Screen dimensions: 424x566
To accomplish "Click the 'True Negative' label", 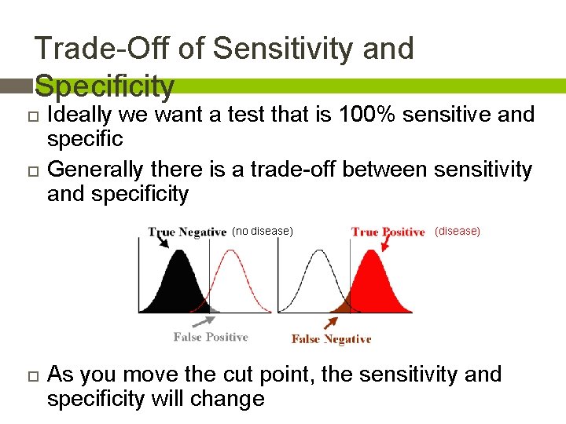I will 187,232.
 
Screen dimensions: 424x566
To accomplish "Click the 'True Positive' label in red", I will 388,232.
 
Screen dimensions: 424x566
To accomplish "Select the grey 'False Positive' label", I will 211,337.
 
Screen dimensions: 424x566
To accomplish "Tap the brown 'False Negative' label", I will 331,339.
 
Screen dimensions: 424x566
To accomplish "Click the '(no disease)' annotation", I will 263,231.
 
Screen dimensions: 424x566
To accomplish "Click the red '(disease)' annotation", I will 458,231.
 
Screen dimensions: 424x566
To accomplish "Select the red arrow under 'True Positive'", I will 385,244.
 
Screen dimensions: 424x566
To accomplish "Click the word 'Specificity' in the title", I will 105,86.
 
